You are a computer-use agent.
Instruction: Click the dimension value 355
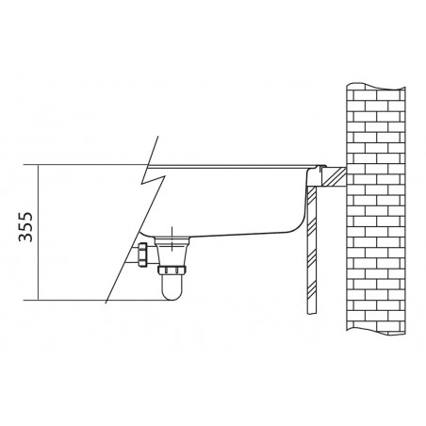coord(25,227)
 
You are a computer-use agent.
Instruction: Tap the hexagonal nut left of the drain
coord(142,254)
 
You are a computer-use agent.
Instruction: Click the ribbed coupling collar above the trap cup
coord(172,270)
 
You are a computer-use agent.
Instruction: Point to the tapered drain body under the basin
coord(172,252)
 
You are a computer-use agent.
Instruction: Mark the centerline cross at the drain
coord(172,238)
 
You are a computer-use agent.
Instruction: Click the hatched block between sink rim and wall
coord(335,177)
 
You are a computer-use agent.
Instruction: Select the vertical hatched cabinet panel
coord(311,250)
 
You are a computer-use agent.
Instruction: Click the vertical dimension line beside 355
coord(38,233)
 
